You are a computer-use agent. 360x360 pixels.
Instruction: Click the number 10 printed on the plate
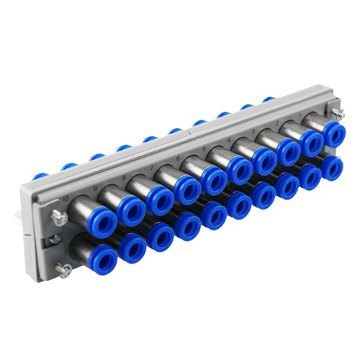click(x=66, y=198)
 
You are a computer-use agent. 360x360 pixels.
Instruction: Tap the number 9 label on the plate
click(x=96, y=189)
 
